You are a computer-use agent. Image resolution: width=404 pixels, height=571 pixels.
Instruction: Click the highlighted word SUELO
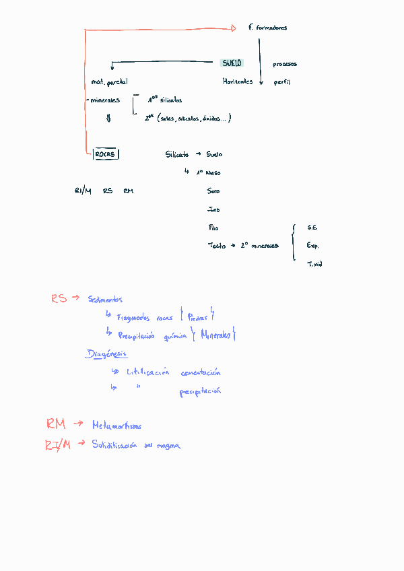pos(232,63)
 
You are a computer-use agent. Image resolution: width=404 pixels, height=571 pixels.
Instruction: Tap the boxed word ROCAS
pos(106,154)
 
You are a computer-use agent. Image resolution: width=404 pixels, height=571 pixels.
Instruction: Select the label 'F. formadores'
pos(267,28)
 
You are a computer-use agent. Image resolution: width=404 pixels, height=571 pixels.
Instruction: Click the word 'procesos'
pos(285,65)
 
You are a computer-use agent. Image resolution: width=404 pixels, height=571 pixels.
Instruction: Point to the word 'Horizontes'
pos(238,81)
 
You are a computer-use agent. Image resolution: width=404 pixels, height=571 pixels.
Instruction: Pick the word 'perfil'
pos(281,82)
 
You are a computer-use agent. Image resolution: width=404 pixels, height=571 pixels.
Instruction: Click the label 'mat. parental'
pos(109,82)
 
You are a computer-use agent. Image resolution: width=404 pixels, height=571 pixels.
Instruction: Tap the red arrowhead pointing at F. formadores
pos(233,28)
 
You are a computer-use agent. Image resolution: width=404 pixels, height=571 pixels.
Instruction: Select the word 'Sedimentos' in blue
pos(105,299)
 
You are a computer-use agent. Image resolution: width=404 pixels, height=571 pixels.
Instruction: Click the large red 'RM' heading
pos(56,424)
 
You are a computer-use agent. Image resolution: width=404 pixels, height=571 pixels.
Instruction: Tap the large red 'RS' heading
pos(59,298)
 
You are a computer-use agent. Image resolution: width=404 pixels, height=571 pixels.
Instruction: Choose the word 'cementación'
pos(201,372)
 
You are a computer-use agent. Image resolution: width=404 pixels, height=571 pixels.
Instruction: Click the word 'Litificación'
pos(148,372)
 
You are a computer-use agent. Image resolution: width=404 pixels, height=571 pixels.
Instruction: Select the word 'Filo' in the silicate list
pos(213,228)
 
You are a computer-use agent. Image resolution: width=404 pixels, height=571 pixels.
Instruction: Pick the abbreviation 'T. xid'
pos(314,264)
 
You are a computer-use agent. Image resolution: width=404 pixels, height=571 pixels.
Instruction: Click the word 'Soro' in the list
pos(213,191)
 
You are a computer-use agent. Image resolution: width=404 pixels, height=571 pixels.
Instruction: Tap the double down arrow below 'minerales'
pos(108,119)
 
